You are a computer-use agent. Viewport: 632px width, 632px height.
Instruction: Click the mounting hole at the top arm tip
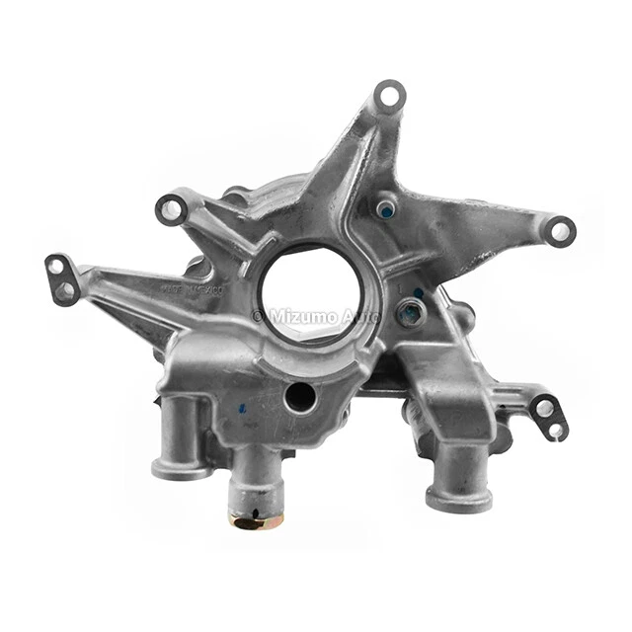coord(390,96)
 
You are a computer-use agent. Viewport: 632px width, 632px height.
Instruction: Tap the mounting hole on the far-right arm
coord(561,231)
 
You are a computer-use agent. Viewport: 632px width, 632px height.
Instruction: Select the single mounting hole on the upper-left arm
coord(171,208)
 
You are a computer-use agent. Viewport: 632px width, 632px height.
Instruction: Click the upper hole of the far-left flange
coord(57,267)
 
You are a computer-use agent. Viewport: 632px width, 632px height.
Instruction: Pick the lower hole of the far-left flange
coord(64,290)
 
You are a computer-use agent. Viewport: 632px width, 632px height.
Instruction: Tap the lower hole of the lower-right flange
coord(555,430)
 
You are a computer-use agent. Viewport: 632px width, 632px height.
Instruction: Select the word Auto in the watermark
coord(362,316)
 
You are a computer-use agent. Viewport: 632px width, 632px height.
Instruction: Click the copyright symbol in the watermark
coord(259,316)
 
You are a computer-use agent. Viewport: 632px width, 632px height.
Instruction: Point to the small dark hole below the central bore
coord(298,396)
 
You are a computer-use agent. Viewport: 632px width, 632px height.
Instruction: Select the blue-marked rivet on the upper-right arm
coord(386,209)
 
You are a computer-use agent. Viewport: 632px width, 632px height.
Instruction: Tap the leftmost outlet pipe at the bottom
coord(181,445)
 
